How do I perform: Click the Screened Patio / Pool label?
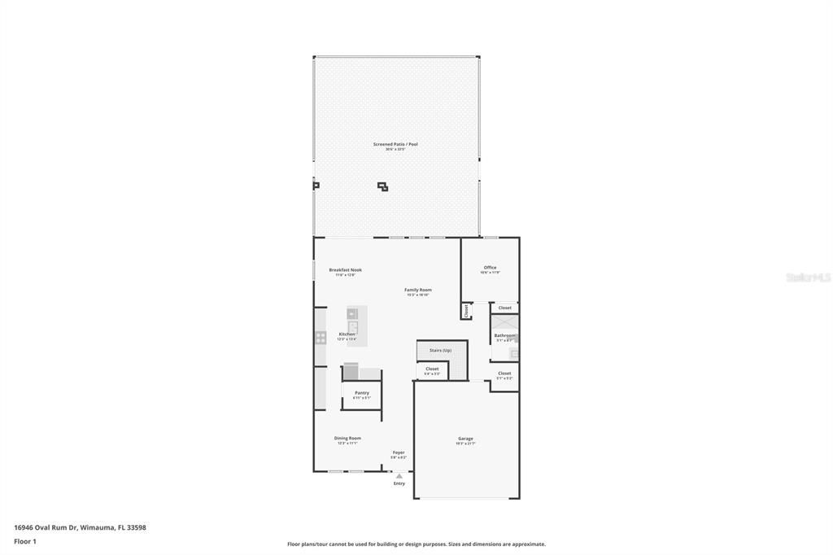pyautogui.click(x=395, y=145)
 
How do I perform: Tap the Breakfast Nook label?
pyautogui.click(x=345, y=270)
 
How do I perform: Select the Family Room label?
pyautogui.click(x=418, y=290)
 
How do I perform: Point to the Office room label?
pyautogui.click(x=490, y=268)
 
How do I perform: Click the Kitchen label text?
pyautogui.click(x=347, y=334)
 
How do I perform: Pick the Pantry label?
pyautogui.click(x=361, y=393)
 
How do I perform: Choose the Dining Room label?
pyautogui.click(x=347, y=439)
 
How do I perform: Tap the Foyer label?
pyautogui.click(x=399, y=452)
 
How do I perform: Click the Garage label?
pyautogui.click(x=465, y=439)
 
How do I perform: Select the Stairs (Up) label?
pyautogui.click(x=440, y=350)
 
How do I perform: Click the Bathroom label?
pyautogui.click(x=504, y=335)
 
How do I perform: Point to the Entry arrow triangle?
pyautogui.click(x=399, y=476)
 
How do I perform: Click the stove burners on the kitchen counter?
pyautogui.click(x=321, y=336)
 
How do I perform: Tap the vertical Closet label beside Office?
pyautogui.click(x=466, y=310)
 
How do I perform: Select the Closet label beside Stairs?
pyautogui.click(x=432, y=369)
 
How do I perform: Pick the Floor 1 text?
pyautogui.click(x=25, y=541)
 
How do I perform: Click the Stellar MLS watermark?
pyautogui.click(x=808, y=277)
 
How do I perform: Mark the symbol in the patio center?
pyautogui.click(x=382, y=187)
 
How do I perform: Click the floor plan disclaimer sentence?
pyautogui.click(x=416, y=544)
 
